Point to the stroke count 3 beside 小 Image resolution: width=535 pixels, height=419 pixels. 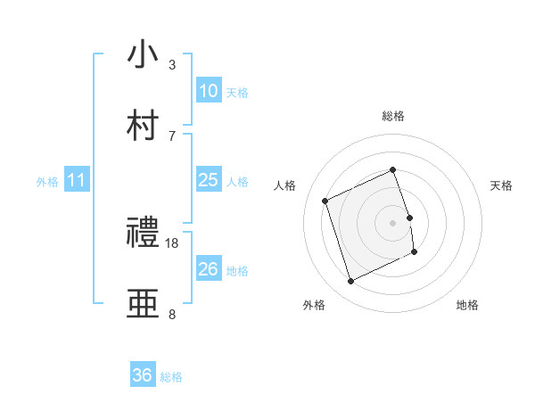click(172, 64)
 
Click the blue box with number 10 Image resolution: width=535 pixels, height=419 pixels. click(208, 91)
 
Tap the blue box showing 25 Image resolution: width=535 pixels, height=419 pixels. click(208, 180)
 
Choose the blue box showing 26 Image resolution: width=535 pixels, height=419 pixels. click(208, 269)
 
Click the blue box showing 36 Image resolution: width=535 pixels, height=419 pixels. click(143, 375)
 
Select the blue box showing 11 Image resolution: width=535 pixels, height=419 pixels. click(77, 180)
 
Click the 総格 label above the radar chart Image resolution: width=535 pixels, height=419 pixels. click(393, 116)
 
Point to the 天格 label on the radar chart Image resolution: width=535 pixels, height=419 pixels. click(501, 185)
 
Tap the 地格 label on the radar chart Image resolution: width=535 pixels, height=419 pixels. click(467, 305)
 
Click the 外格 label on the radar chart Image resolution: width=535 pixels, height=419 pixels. click(314, 305)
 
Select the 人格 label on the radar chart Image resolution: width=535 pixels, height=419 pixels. click(285, 185)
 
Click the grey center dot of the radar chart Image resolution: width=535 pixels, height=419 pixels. click(393, 222)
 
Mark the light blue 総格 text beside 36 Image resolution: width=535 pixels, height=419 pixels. click(171, 377)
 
